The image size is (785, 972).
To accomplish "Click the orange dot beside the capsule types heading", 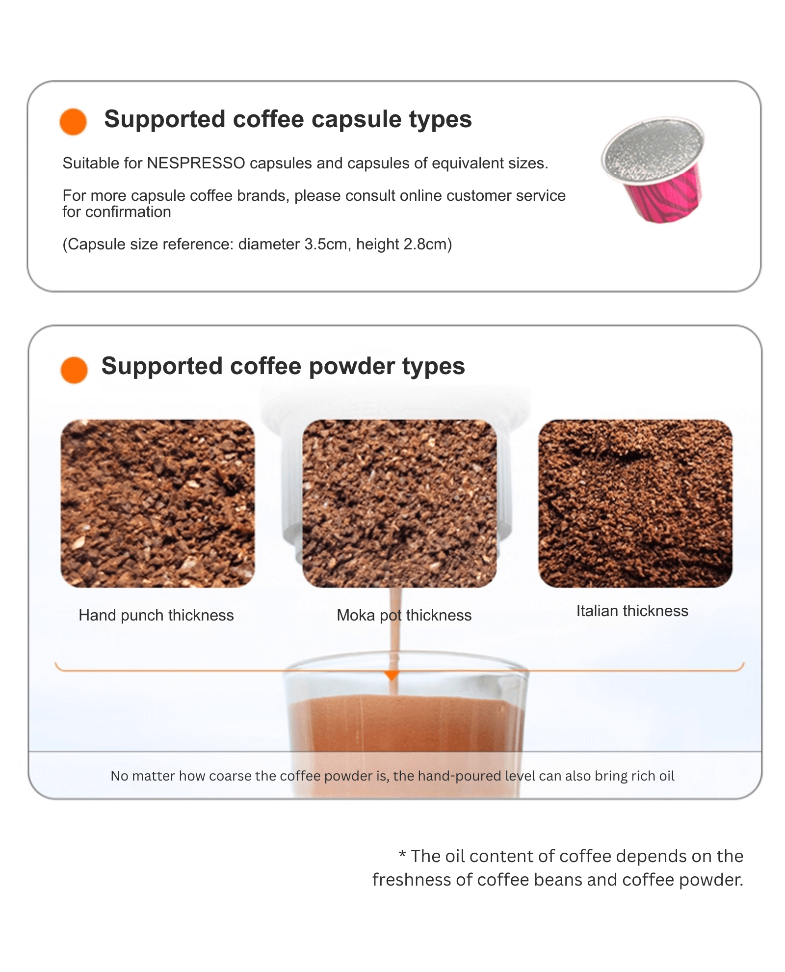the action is [x=73, y=121].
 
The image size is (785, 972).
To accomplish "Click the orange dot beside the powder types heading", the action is [x=74, y=370].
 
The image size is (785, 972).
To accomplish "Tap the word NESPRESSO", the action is [x=196, y=163].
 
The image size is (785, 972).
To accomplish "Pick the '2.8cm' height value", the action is [x=425, y=244].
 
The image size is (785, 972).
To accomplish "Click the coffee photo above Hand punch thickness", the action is [x=157, y=503].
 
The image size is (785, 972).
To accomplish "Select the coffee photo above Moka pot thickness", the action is [x=399, y=503].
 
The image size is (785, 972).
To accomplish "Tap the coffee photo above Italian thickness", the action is [x=635, y=503].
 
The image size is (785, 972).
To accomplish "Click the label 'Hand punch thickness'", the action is [x=156, y=616].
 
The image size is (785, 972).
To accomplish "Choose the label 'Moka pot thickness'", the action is [x=404, y=616].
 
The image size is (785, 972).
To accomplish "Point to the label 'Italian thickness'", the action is [x=632, y=611].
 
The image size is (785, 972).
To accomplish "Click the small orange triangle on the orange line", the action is [x=392, y=675].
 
